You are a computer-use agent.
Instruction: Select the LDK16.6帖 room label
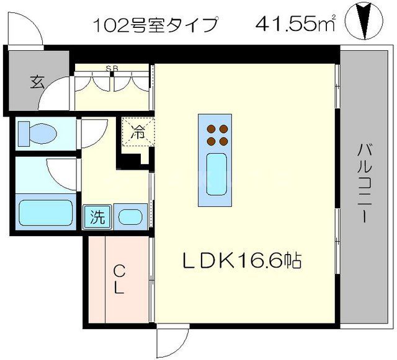241,261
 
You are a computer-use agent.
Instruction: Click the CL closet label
120,279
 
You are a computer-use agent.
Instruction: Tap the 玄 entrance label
37,82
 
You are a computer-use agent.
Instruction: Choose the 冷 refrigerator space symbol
136,132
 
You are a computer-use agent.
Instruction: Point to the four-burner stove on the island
215,134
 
